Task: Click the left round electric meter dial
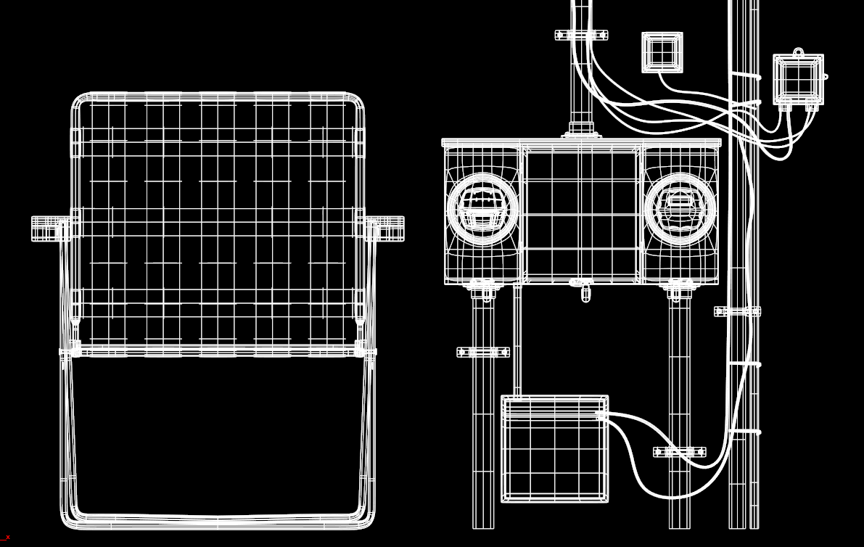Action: [x=482, y=208]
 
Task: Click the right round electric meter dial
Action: [x=680, y=208]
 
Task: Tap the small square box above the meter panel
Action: [x=662, y=52]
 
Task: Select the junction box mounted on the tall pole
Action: [x=798, y=79]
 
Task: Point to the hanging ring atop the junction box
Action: [x=798, y=52]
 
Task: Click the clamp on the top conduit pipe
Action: [x=581, y=35]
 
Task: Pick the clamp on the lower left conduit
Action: [x=483, y=353]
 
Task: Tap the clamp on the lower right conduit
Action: [x=680, y=452]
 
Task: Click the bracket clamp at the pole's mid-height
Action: [x=738, y=311]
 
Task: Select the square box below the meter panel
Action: [x=554, y=448]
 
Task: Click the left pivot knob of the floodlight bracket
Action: [x=49, y=229]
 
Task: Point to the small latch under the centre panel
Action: [x=585, y=292]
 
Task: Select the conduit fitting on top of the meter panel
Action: [x=581, y=131]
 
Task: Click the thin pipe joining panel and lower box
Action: [x=517, y=341]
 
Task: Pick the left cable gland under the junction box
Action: [x=785, y=107]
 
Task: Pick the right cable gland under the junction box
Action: [x=811, y=107]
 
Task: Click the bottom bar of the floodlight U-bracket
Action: [x=218, y=520]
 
